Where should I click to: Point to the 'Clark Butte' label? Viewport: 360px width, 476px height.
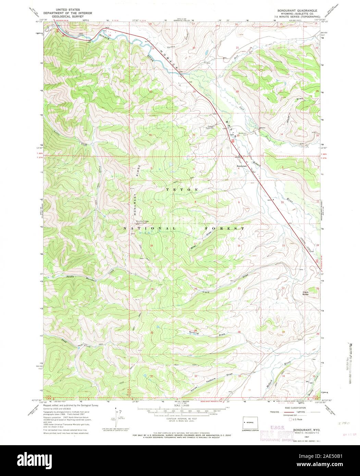[306, 293]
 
